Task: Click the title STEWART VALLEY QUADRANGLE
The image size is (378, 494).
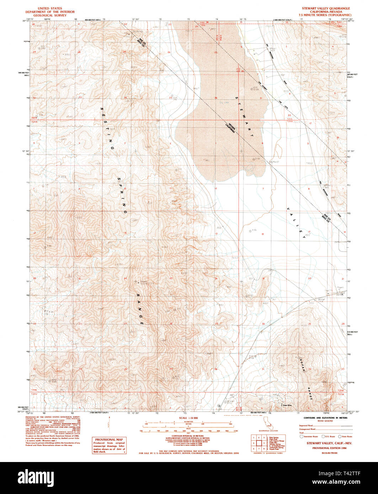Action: [326, 8]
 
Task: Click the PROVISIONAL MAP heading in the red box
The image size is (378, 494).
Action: [109, 440]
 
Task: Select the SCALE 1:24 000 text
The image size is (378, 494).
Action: [188, 418]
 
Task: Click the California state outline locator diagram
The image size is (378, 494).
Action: [267, 422]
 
